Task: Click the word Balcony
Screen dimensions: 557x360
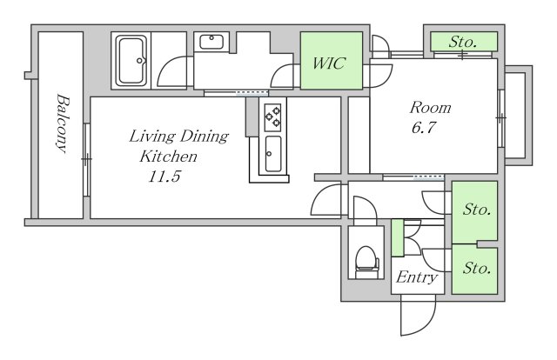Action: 62,123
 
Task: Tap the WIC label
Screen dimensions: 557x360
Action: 329,63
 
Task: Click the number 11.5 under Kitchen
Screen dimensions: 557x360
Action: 164,177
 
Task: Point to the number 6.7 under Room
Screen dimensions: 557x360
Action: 424,128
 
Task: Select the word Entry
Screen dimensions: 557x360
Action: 417,277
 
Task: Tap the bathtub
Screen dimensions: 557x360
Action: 131,61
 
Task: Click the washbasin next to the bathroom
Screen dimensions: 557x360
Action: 211,43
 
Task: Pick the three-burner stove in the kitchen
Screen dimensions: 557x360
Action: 272,116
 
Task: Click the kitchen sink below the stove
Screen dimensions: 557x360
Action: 273,154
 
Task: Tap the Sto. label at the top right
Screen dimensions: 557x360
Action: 462,43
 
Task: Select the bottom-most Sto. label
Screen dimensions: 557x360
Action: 477,268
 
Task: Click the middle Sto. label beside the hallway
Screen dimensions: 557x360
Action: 477,210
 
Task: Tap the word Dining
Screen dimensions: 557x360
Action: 205,137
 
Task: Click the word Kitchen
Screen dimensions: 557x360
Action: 168,157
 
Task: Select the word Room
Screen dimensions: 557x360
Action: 430,108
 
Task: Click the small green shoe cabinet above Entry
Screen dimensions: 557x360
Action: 398,238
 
